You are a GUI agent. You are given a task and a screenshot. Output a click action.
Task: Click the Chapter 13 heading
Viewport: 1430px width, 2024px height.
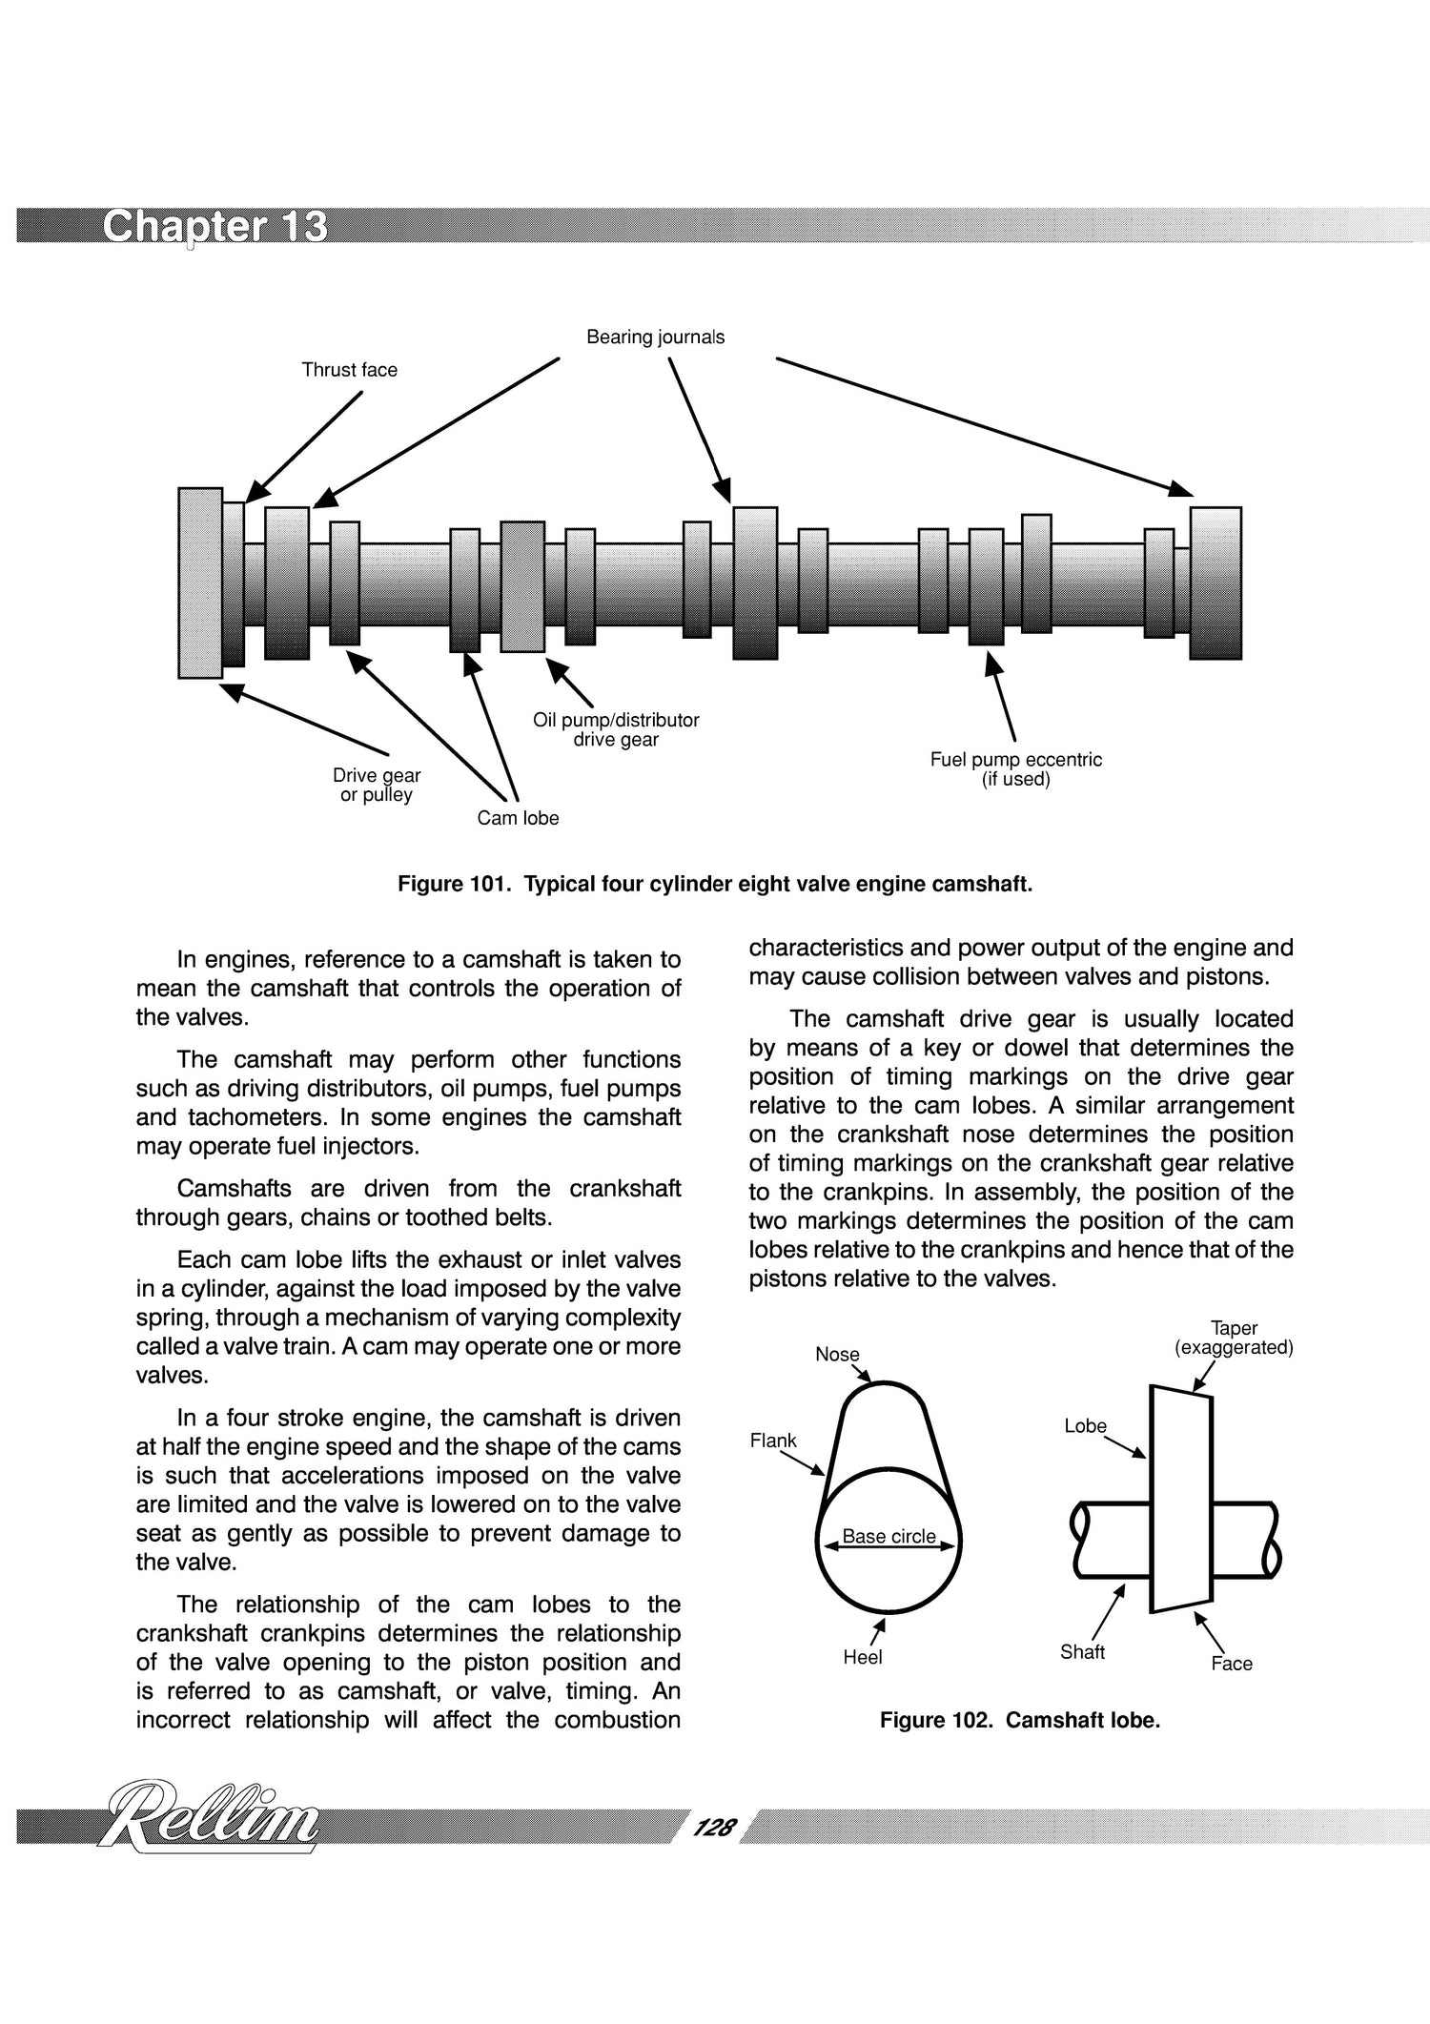tap(214, 227)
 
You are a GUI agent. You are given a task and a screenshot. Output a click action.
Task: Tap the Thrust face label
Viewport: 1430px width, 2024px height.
tap(349, 370)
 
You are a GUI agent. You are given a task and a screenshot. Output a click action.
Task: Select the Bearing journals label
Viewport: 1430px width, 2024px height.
tap(655, 337)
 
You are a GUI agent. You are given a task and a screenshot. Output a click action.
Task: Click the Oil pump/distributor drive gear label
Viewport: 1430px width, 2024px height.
tap(616, 729)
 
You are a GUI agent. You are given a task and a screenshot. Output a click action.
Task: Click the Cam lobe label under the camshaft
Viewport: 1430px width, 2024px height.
tap(518, 818)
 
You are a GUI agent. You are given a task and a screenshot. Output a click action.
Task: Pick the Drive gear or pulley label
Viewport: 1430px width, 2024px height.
tap(376, 785)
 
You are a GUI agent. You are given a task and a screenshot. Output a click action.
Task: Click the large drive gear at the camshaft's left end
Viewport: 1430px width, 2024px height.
tap(200, 583)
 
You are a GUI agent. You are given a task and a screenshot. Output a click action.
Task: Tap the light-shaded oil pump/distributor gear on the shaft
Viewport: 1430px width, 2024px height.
tap(522, 586)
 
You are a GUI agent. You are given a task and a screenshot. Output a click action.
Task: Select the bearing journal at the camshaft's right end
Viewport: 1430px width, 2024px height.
tap(1215, 583)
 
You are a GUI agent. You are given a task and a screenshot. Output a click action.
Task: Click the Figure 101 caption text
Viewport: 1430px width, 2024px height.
tap(714, 884)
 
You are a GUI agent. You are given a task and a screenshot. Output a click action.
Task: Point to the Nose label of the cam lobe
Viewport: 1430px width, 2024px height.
tap(837, 1355)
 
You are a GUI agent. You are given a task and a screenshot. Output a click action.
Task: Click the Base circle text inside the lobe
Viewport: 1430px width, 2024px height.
tap(889, 1536)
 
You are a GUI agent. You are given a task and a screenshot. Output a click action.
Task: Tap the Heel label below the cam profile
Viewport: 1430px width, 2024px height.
tap(862, 1657)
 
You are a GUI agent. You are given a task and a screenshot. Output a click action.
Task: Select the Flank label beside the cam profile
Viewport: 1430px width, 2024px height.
tap(772, 1441)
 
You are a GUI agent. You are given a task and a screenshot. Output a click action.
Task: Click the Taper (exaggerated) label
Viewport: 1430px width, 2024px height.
tap(1234, 1338)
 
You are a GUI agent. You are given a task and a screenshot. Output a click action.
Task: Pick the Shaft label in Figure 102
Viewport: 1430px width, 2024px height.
tap(1082, 1652)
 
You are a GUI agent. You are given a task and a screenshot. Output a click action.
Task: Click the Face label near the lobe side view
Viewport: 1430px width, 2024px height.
tap(1231, 1664)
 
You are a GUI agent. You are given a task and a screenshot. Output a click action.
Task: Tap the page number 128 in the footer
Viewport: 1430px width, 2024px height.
tap(714, 1827)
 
